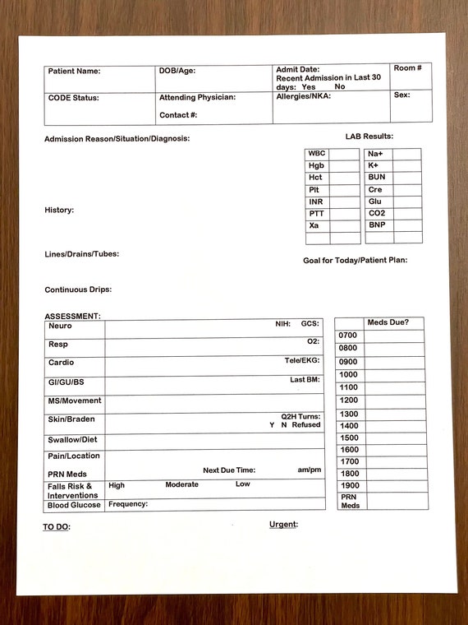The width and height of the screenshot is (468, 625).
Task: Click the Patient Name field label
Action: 74,72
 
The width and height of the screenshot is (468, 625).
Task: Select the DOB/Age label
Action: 177,71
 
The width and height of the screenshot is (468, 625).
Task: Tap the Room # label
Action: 407,67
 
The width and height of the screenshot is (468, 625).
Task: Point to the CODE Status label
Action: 73,98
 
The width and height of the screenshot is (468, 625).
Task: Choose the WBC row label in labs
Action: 316,154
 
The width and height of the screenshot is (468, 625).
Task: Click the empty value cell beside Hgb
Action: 345,166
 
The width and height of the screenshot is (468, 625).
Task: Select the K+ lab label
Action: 373,165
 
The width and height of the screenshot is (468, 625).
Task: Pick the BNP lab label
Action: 376,225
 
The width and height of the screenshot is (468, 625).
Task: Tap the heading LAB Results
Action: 369,136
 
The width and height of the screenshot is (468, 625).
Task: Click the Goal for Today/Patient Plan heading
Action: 355,261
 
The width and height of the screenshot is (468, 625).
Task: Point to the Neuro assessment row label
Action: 60,326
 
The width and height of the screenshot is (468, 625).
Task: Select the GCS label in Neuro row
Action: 310,324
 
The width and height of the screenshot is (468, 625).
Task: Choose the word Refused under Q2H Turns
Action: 306,425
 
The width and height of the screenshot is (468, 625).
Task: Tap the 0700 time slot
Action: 348,336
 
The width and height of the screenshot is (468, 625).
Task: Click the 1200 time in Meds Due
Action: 348,400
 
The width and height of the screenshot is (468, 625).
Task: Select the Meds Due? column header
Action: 388,322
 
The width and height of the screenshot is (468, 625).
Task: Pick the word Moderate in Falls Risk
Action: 181,484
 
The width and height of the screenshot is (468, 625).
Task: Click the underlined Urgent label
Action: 283,524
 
